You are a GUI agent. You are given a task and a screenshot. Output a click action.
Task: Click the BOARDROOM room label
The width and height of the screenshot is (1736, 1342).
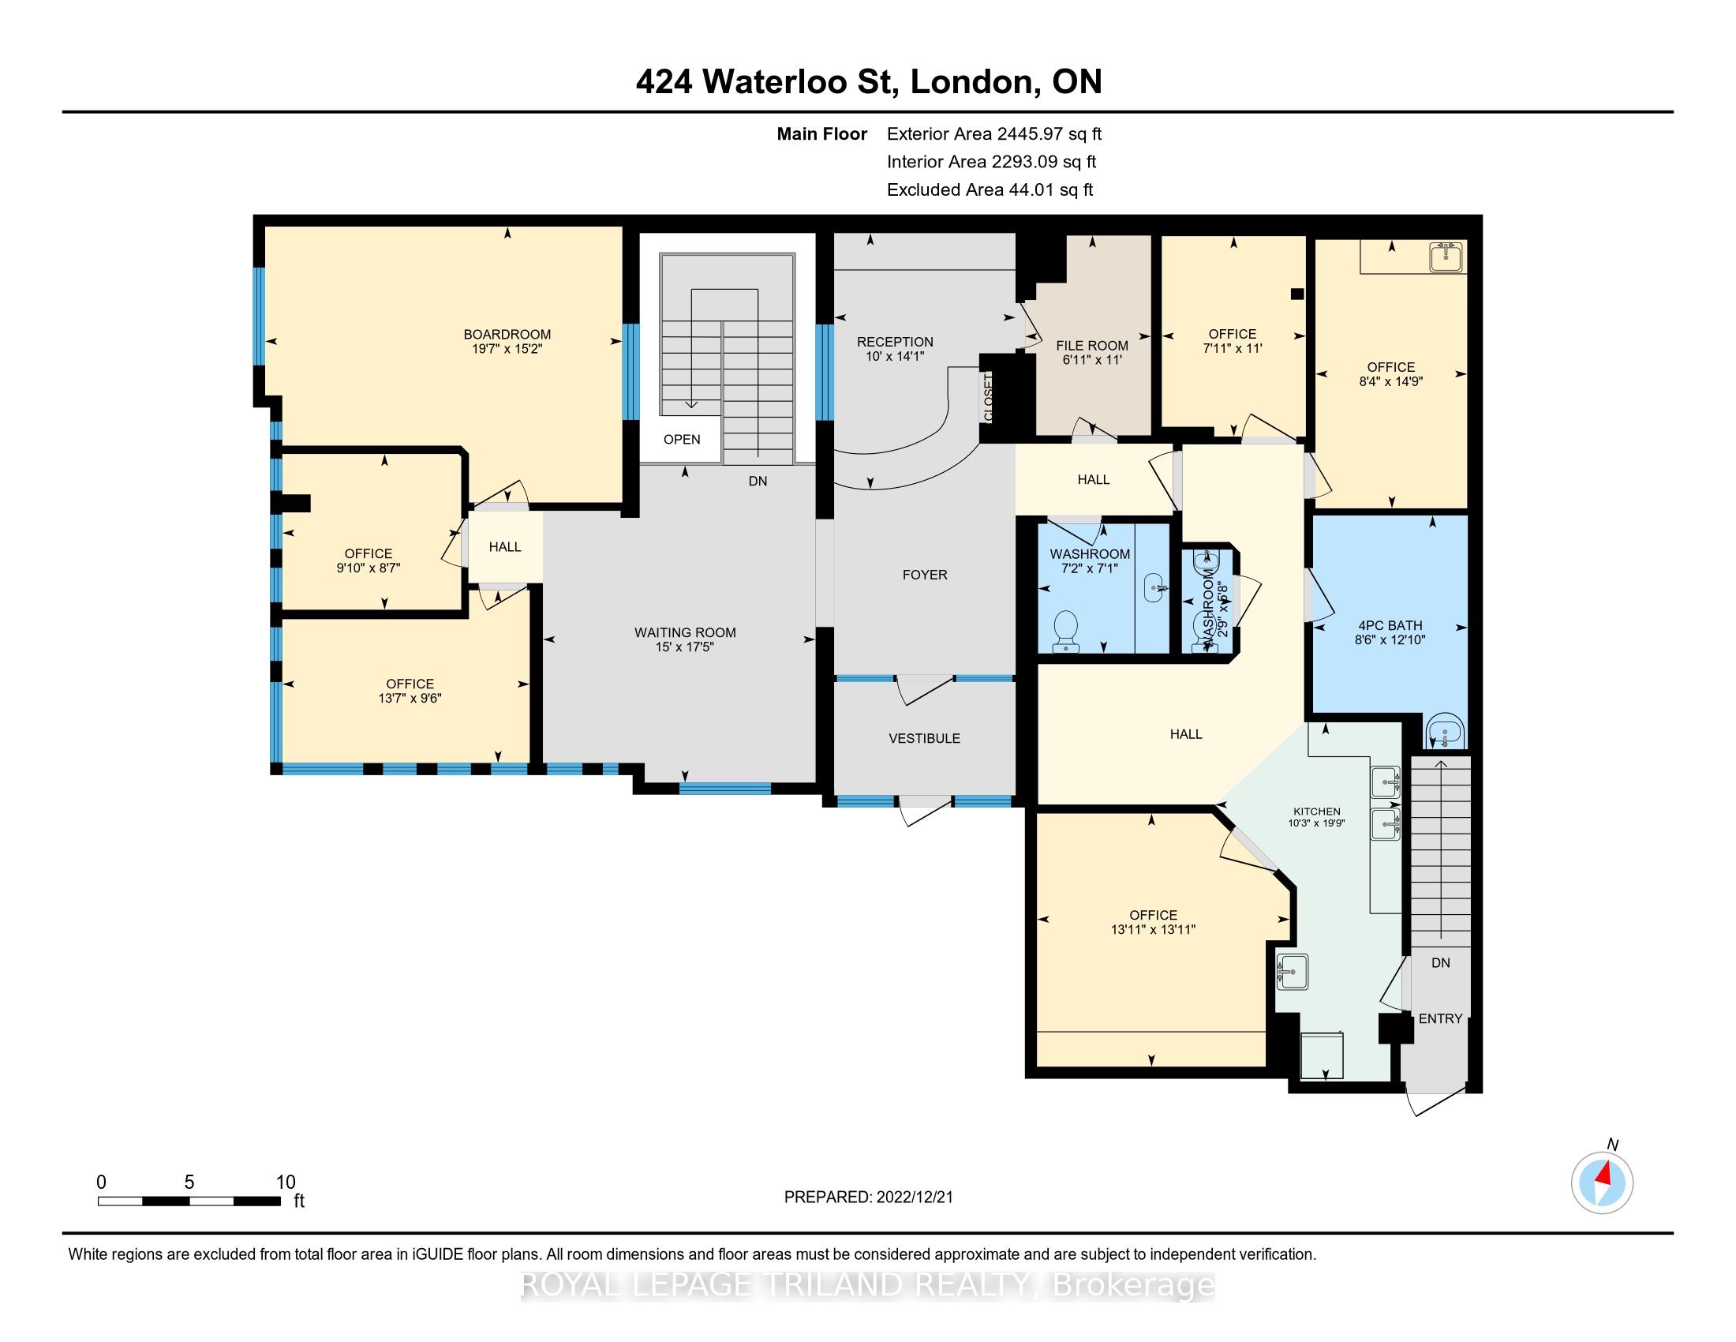(x=507, y=334)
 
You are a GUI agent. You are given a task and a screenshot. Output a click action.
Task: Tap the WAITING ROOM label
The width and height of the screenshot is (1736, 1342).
(x=684, y=633)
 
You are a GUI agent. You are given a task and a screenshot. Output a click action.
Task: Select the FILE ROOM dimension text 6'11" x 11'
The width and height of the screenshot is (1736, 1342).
(x=1091, y=360)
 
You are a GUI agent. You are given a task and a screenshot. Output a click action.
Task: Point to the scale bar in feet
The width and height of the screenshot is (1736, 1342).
(x=189, y=1201)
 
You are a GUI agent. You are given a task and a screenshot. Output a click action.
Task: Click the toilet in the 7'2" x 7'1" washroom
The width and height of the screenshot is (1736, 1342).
(x=1064, y=632)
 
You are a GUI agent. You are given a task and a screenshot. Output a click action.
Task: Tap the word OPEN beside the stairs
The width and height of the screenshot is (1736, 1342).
(x=681, y=440)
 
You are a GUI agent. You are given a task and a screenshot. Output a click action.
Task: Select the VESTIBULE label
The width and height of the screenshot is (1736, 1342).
(x=924, y=739)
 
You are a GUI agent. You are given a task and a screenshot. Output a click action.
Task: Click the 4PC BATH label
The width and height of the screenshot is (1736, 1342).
(x=1390, y=626)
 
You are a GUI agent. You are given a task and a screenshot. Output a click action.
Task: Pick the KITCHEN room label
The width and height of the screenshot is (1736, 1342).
(x=1316, y=812)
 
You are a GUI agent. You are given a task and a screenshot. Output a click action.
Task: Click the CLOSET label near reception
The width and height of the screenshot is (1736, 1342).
(x=989, y=398)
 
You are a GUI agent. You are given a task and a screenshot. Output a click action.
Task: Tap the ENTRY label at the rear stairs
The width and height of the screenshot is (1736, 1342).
(x=1439, y=1018)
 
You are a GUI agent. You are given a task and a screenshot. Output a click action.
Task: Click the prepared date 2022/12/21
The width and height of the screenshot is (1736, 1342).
(x=911, y=1198)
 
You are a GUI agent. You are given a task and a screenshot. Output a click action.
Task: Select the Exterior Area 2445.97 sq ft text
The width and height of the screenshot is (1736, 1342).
(x=993, y=134)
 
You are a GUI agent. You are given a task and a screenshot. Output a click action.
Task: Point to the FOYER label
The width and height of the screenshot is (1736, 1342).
(x=925, y=575)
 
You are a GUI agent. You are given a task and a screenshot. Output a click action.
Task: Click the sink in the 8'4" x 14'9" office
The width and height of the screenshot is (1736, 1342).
(x=1446, y=257)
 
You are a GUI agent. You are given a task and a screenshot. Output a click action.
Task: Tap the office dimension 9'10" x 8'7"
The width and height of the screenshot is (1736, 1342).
(x=368, y=568)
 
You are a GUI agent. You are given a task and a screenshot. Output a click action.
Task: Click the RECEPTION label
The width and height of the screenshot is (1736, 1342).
(x=894, y=342)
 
